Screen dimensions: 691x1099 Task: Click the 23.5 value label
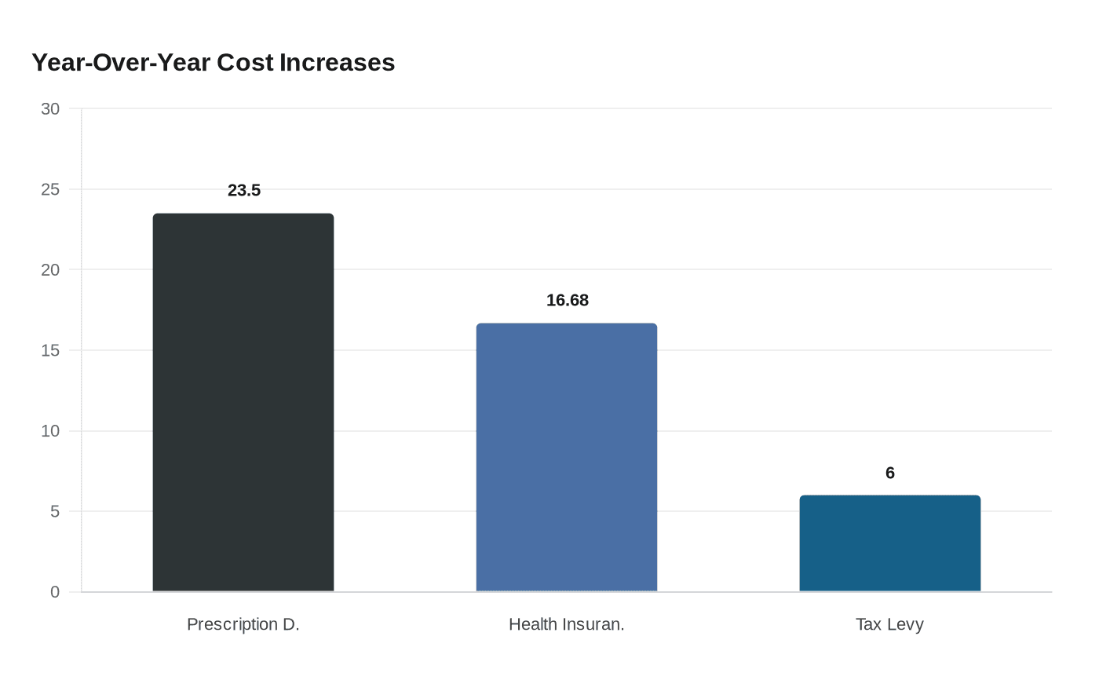[244, 191]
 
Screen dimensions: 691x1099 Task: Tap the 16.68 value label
[568, 301]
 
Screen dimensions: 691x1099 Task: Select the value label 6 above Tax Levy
[890, 473]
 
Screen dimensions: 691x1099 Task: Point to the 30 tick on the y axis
[50, 109]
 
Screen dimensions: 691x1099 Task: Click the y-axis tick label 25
[50, 190]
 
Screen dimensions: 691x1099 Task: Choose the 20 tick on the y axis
[50, 270]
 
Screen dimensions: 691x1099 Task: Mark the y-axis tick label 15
[50, 351]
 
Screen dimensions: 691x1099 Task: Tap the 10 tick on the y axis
[50, 431]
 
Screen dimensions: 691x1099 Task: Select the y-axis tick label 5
[55, 512]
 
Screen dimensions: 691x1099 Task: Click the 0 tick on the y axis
[55, 592]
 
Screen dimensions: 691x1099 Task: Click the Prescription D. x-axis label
[243, 624]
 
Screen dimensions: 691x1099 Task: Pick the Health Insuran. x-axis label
[567, 624]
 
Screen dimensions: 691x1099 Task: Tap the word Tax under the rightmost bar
[869, 624]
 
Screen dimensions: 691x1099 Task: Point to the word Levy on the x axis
[905, 624]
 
